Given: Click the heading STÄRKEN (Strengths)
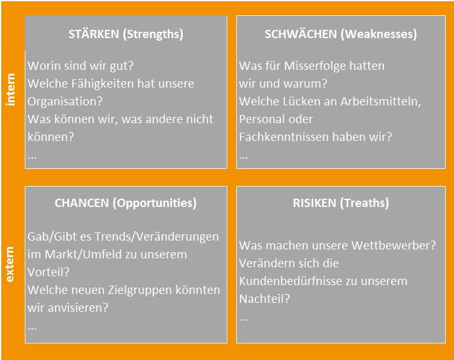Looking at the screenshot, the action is pyautogui.click(x=126, y=34).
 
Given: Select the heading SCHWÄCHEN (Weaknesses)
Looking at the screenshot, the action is pyautogui.click(x=341, y=34).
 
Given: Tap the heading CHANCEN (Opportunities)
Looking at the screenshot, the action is pyautogui.click(x=126, y=203).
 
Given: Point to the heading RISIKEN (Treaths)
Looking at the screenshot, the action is pyautogui.click(x=341, y=203).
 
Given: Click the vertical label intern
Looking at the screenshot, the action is pyautogui.click(x=10, y=90).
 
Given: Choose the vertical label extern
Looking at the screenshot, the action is pyautogui.click(x=10, y=264).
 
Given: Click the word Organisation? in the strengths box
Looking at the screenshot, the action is pyautogui.click(x=65, y=102).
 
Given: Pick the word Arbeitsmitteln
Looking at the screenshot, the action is pyautogui.click(x=380, y=102).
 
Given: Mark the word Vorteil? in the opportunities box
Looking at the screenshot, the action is pyautogui.click(x=49, y=272).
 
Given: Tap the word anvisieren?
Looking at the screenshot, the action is pyautogui.click(x=78, y=307).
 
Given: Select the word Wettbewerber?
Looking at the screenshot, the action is pyautogui.click(x=394, y=246).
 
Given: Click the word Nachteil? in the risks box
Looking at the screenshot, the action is pyautogui.click(x=264, y=299).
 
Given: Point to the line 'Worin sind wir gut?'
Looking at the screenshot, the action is pyautogui.click(x=81, y=66).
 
